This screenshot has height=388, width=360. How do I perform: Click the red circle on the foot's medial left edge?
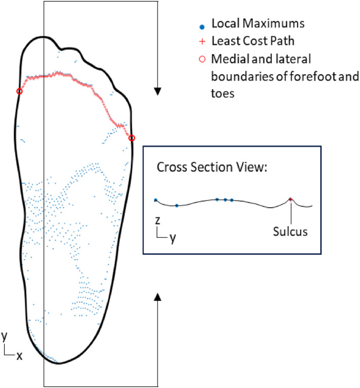point(19,91)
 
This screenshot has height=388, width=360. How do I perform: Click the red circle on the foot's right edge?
point(132,138)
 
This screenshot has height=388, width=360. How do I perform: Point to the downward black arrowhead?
point(158,91)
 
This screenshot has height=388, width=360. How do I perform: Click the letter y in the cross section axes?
point(173,237)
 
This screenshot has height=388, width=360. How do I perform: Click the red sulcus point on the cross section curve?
point(290,200)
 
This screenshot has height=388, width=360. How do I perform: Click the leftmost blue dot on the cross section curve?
point(156,200)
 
